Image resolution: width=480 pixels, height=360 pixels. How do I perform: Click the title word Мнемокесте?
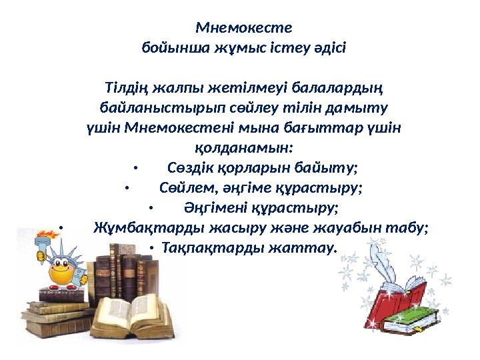tap(243, 29)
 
